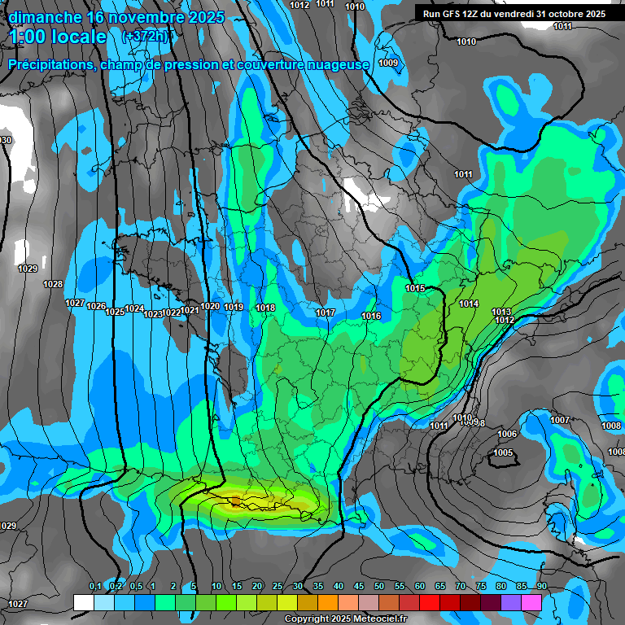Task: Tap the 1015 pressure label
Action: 415,288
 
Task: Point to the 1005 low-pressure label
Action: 504,452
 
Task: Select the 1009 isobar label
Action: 388,63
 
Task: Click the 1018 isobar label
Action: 265,308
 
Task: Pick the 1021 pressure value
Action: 190,310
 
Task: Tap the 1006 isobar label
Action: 507,434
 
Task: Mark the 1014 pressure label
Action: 469,304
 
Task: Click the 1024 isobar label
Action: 134,309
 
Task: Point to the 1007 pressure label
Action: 560,420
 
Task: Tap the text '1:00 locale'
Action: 57,37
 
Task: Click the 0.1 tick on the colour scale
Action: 94,586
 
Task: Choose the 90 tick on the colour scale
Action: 541,586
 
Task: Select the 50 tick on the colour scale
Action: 379,586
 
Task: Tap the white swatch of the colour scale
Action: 83,602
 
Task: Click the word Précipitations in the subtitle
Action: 50,64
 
